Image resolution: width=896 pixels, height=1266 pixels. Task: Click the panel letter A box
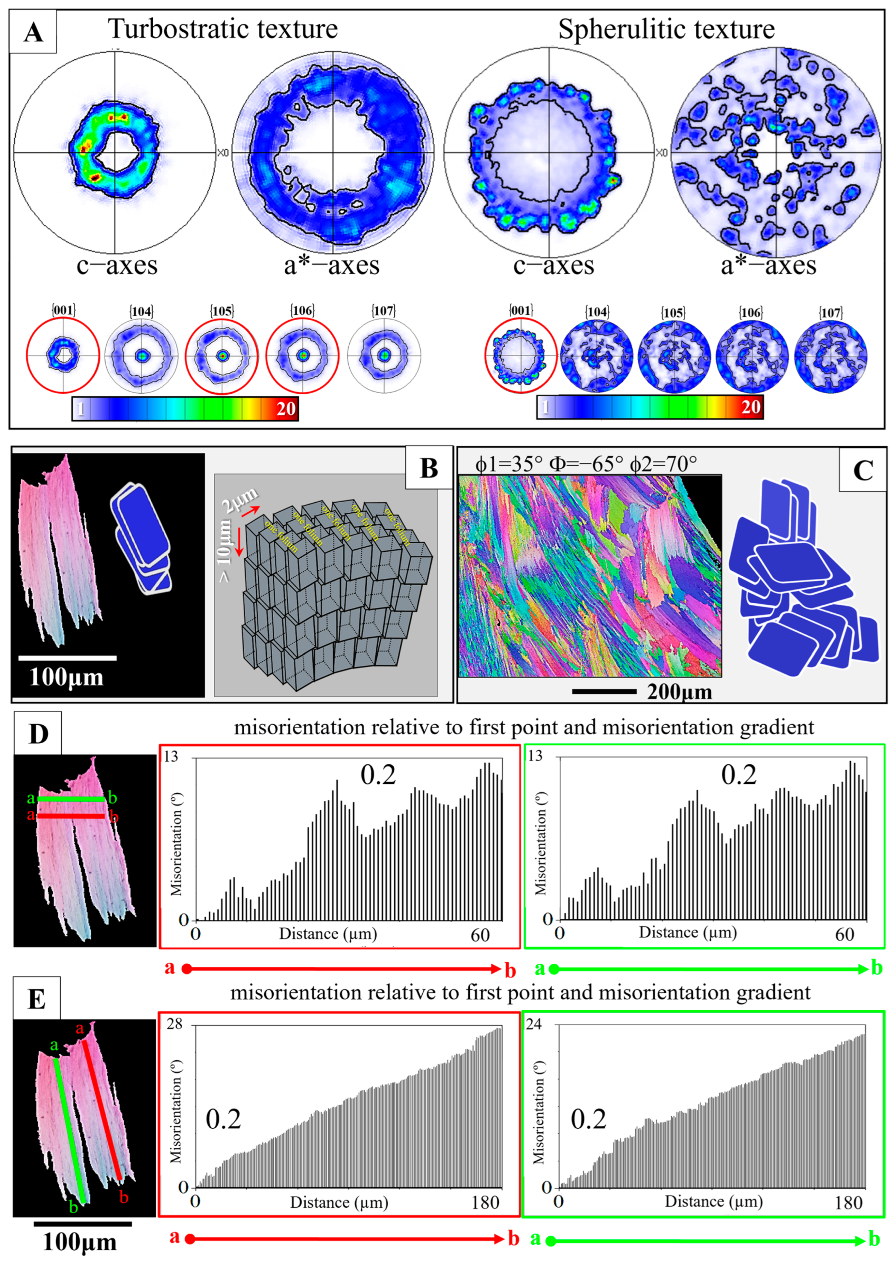tap(33, 32)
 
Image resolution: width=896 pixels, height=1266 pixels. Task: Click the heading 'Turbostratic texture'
tap(222, 29)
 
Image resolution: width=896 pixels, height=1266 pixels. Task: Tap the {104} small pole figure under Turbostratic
tap(142, 356)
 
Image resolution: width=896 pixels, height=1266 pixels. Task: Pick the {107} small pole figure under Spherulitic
tap(830, 356)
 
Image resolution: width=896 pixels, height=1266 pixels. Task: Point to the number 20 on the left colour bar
tap(286, 409)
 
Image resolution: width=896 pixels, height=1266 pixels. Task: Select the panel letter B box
tap(429, 468)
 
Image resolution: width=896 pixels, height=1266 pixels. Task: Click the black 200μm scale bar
tap(604, 691)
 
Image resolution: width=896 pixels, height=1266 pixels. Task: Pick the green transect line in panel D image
tap(71, 799)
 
